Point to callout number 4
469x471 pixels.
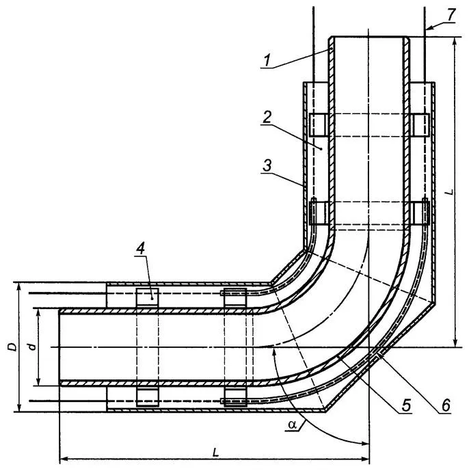tap(140, 249)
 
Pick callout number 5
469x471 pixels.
tap(405, 405)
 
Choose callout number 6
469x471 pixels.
tap(445, 405)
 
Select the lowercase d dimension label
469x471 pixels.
tap(31, 347)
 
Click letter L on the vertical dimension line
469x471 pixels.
tap(447, 193)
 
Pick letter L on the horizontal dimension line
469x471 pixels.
tap(215, 453)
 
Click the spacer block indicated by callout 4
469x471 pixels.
tap(148, 296)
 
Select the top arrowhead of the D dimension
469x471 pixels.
tap(18, 286)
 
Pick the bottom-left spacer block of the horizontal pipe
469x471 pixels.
tap(148, 396)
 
